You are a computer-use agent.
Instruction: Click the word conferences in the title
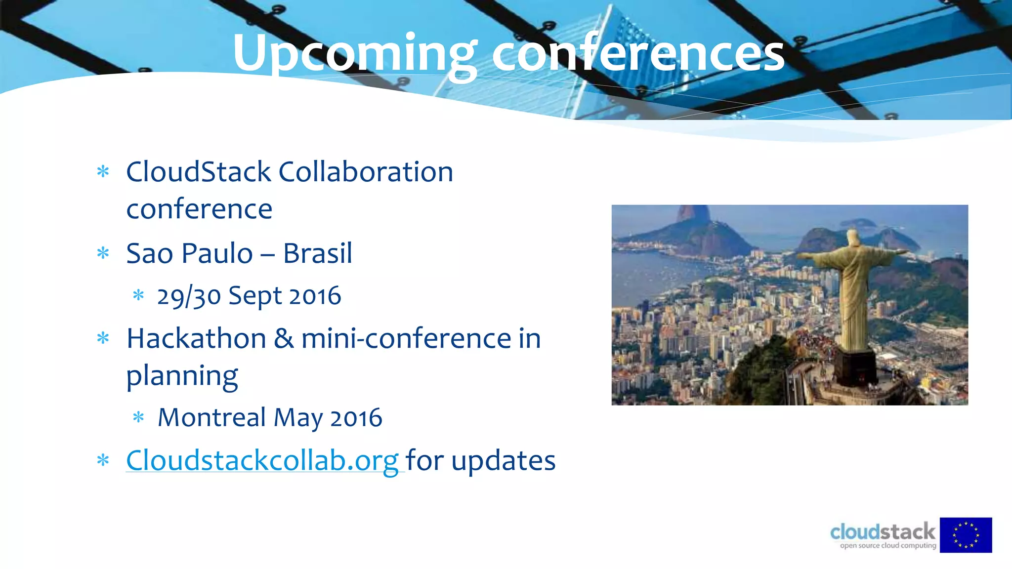(x=637, y=53)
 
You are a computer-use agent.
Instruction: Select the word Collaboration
(x=366, y=172)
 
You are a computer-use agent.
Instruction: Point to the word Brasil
(x=317, y=253)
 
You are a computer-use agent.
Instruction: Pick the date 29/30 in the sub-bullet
(x=189, y=296)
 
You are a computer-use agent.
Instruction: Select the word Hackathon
(x=196, y=339)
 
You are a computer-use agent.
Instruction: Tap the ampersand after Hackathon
(x=284, y=339)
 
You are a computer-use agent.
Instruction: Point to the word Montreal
(x=212, y=417)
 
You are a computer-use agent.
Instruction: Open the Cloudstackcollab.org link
(x=262, y=460)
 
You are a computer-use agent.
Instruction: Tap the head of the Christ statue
(x=852, y=237)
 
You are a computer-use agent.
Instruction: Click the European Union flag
(x=966, y=535)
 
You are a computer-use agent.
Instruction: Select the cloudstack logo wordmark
(x=883, y=532)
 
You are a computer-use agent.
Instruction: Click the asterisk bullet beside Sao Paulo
(x=103, y=253)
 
